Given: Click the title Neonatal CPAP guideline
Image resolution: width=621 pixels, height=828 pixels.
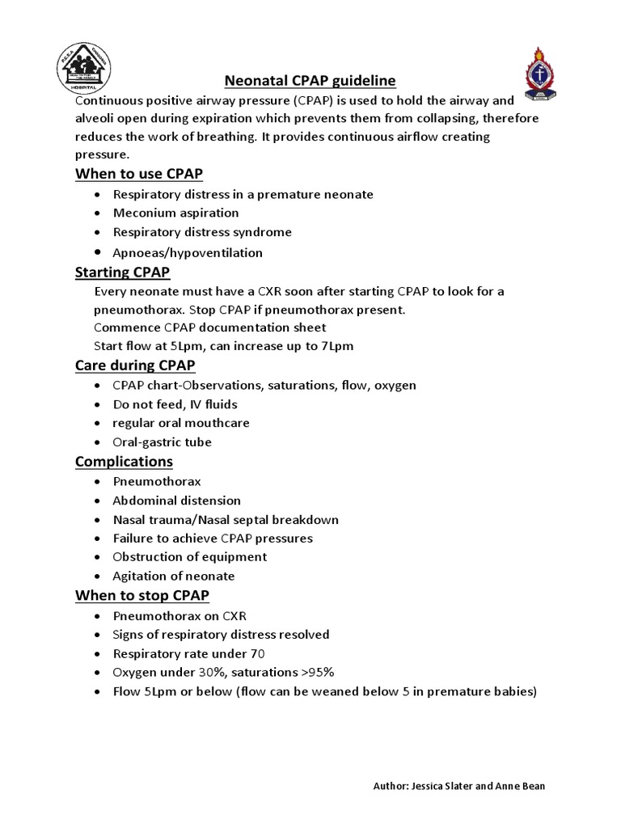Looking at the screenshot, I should point(310,81).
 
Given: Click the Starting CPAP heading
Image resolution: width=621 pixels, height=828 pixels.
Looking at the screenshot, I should point(122,272).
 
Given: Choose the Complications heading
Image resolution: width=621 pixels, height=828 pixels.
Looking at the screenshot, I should point(124,461).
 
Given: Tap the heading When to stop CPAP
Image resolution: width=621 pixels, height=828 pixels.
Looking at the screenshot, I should point(142,595).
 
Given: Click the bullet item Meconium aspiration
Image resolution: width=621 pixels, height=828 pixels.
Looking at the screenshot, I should point(176,213).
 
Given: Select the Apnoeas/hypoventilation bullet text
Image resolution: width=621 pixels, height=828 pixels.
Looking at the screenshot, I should point(188,252).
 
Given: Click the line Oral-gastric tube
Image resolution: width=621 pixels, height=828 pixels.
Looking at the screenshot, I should point(163,442).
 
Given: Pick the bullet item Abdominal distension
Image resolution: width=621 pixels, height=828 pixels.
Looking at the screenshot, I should point(177,501).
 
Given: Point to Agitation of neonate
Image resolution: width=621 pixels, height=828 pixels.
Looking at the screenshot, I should point(174,576).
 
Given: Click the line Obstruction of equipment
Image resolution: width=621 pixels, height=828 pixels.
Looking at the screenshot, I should point(190,557).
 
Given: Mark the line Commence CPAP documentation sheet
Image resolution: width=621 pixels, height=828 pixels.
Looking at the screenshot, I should point(209,327).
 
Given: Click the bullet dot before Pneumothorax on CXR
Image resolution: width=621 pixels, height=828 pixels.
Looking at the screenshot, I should point(98,616).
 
